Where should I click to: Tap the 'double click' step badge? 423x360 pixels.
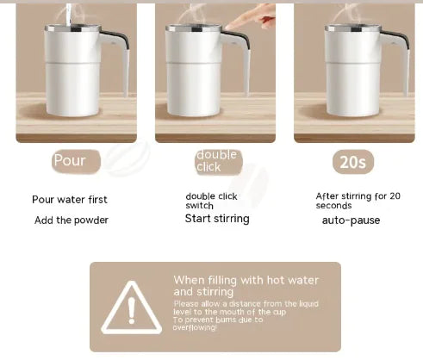[215, 161]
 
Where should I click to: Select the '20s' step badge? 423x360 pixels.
[353, 161]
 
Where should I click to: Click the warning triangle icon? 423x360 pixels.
[131, 307]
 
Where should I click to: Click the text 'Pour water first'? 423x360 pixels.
[70, 200]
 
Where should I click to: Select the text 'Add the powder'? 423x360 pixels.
[72, 220]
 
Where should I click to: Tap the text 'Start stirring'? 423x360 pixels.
[217, 219]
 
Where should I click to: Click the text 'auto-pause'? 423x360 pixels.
[351, 220]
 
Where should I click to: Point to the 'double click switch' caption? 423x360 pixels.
[212, 201]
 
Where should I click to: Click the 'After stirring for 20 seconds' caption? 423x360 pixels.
[358, 201]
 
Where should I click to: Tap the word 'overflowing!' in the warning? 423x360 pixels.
[195, 327]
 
